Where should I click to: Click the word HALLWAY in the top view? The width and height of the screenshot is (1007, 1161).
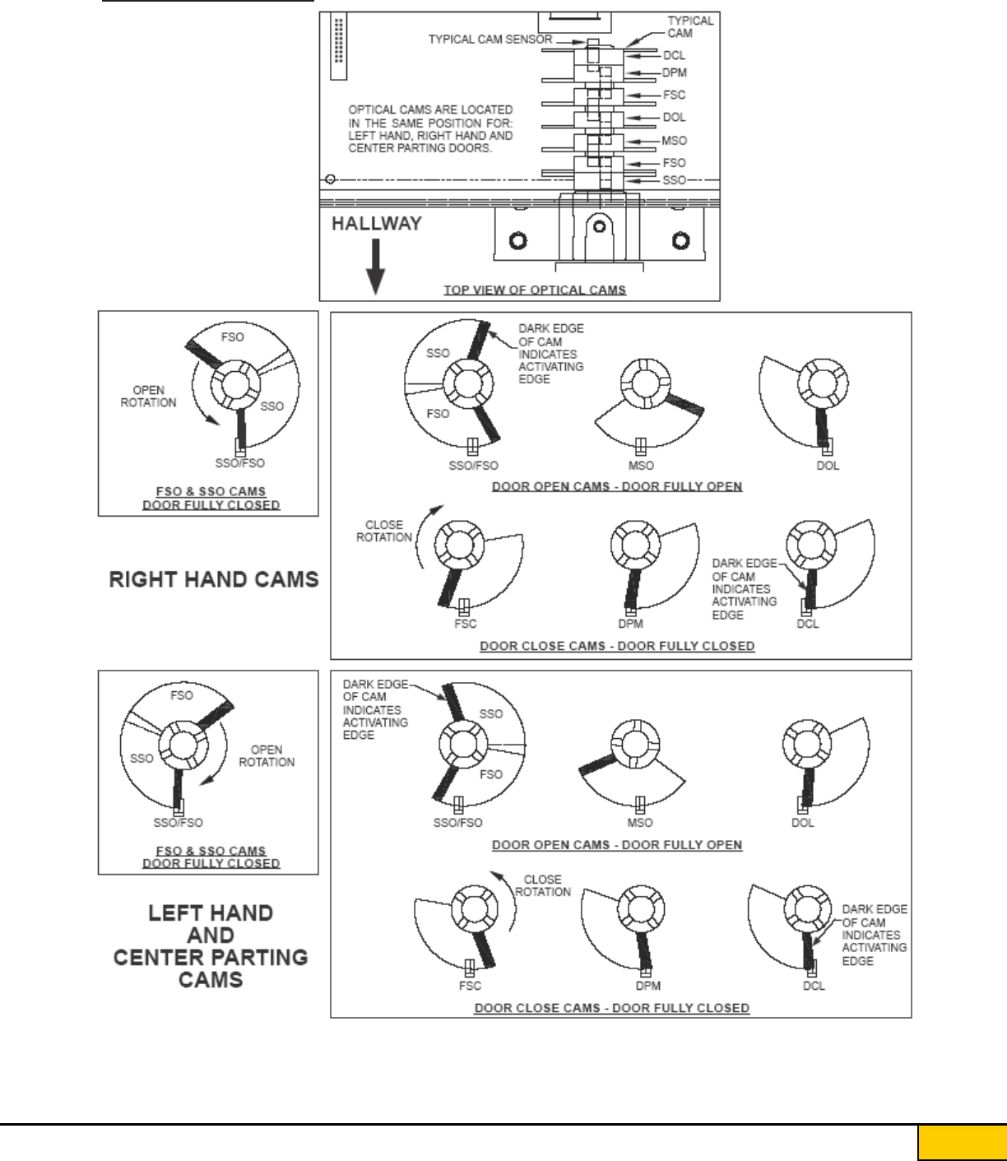click(x=376, y=224)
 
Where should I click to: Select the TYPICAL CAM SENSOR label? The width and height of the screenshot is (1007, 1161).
click(x=490, y=39)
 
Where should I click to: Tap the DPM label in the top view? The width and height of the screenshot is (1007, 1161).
click(x=674, y=73)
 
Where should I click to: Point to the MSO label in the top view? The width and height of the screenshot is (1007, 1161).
click(x=674, y=141)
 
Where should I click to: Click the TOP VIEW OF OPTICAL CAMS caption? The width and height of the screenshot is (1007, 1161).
click(x=535, y=290)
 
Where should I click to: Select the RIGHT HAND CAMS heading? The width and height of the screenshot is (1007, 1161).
click(x=214, y=579)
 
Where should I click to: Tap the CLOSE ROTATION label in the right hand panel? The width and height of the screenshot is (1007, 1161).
click(x=384, y=531)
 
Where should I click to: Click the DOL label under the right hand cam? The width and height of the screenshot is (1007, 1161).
click(x=828, y=466)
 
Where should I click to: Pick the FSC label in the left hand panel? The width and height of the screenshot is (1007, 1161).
click(x=470, y=985)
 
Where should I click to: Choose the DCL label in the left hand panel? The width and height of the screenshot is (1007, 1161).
click(x=814, y=986)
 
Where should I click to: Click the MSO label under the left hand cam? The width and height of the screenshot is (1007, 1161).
click(x=640, y=823)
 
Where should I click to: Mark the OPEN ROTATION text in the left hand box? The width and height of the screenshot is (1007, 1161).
click(x=267, y=755)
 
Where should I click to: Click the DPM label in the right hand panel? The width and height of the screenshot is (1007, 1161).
click(x=631, y=624)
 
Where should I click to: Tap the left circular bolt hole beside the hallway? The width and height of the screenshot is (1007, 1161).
click(x=517, y=240)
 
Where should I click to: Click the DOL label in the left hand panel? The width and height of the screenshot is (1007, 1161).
click(x=802, y=823)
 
